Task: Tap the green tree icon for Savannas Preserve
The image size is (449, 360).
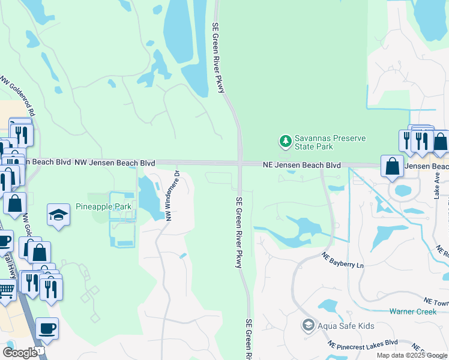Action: (285, 142)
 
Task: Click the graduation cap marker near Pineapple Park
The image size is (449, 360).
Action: (58, 215)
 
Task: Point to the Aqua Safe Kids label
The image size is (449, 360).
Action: (346, 326)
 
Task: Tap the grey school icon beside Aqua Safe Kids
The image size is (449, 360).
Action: (308, 325)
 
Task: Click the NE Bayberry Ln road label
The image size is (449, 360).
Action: (342, 260)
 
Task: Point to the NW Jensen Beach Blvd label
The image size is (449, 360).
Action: (114, 163)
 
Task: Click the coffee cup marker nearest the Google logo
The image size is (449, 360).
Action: (47, 329)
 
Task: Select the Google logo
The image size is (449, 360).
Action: (19, 352)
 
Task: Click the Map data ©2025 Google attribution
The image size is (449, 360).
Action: (411, 355)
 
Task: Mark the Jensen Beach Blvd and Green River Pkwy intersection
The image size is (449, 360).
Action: (240, 163)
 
